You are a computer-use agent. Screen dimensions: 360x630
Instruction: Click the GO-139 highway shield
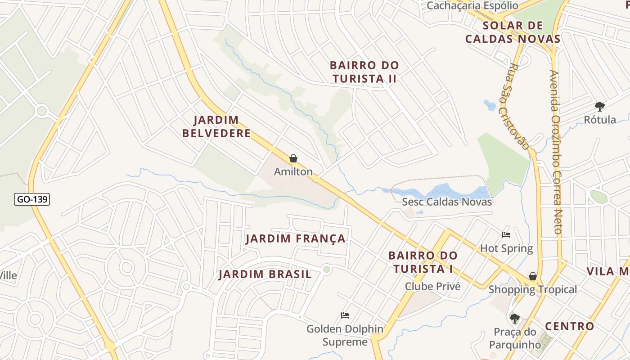pyautogui.click(x=32, y=199)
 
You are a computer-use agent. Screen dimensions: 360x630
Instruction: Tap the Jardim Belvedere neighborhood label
pyautogui.click(x=222, y=126)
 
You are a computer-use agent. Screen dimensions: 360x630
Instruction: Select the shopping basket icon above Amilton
pyautogui.click(x=293, y=158)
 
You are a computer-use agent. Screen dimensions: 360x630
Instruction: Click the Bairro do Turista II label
pyautogui.click(x=364, y=72)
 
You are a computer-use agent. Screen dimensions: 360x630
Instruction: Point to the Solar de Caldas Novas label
pyautogui.click(x=513, y=32)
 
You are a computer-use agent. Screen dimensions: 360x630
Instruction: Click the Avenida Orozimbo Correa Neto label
pyautogui.click(x=556, y=151)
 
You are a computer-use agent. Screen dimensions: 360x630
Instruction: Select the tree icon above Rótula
pyautogui.click(x=599, y=107)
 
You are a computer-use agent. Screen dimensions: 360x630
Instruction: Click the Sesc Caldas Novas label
pyautogui.click(x=447, y=202)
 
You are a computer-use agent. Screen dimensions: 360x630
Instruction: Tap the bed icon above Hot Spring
pyautogui.click(x=506, y=234)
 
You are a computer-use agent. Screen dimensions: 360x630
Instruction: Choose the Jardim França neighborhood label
pyautogui.click(x=296, y=238)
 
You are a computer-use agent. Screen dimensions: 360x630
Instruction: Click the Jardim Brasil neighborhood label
pyautogui.click(x=265, y=274)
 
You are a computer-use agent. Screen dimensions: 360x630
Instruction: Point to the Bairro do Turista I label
pyautogui.click(x=423, y=262)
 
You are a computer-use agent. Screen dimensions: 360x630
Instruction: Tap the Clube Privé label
pyautogui.click(x=432, y=286)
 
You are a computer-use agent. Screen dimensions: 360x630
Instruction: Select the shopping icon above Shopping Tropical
pyautogui.click(x=533, y=276)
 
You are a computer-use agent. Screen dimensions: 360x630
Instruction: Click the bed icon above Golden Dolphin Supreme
pyautogui.click(x=345, y=315)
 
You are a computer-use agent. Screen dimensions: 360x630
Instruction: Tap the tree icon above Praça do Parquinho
pyautogui.click(x=515, y=319)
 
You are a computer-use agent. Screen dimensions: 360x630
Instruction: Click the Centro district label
pyautogui.click(x=569, y=326)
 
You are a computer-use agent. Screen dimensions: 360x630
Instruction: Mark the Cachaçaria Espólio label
pyautogui.click(x=472, y=5)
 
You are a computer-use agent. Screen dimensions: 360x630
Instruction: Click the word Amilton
pyautogui.click(x=293, y=171)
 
